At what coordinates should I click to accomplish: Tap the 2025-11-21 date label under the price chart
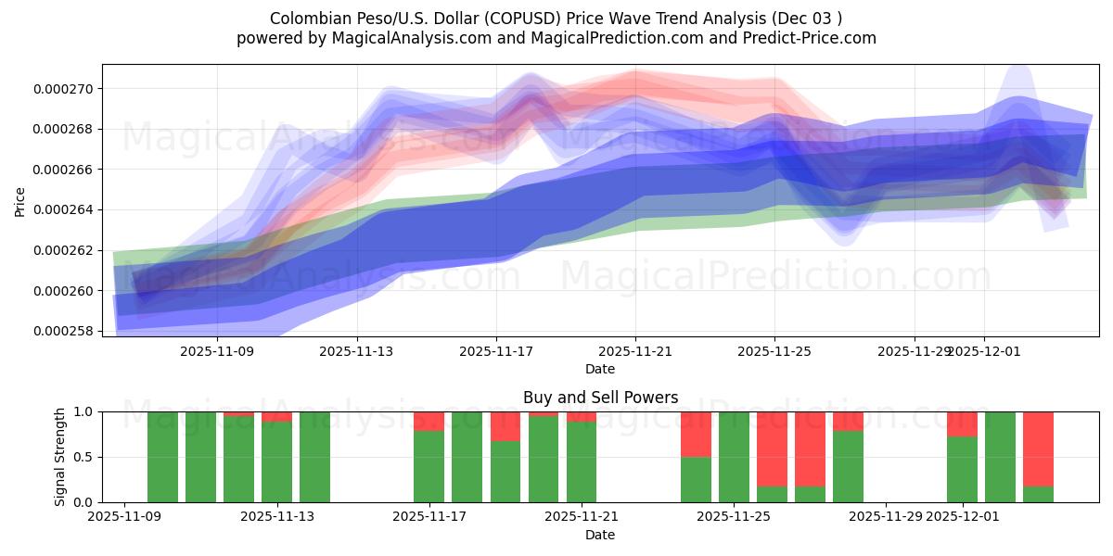pyautogui.click(x=635, y=352)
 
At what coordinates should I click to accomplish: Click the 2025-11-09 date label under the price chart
pyautogui.click(x=217, y=352)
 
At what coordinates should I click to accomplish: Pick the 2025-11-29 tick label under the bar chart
pyautogui.click(x=886, y=517)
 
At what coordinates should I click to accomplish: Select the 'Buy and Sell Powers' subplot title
pyautogui.click(x=600, y=398)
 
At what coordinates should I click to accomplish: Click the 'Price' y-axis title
pyautogui.click(x=20, y=201)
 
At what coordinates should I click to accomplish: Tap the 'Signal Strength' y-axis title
pyautogui.click(x=60, y=457)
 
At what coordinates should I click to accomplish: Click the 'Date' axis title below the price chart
pyautogui.click(x=600, y=369)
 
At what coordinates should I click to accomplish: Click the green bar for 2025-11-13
pyautogui.click(x=314, y=457)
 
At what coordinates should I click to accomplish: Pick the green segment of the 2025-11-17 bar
pyautogui.click(x=429, y=466)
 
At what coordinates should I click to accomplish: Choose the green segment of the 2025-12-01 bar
pyautogui.click(x=962, y=470)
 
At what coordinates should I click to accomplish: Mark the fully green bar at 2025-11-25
pyautogui.click(x=734, y=457)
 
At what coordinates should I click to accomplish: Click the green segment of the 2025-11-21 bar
pyautogui.click(x=582, y=462)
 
